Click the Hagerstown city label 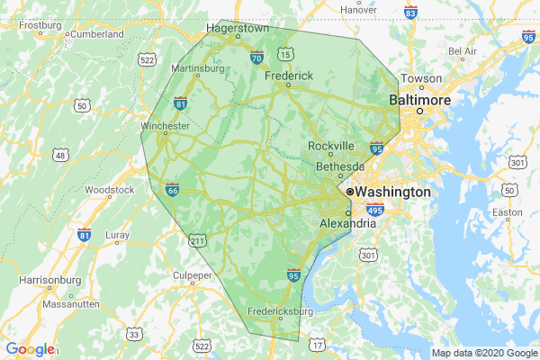(238, 28)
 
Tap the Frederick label (288, 76)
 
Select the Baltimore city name (418, 101)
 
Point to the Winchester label (166, 127)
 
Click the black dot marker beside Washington (350, 193)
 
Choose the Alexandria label (347, 223)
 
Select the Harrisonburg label (49, 281)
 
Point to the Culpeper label (193, 274)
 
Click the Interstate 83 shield (410, 13)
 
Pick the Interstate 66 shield (172, 189)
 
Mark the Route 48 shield (60, 156)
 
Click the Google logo (30, 349)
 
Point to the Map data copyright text (483, 352)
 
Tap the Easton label (507, 213)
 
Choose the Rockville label (330, 146)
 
